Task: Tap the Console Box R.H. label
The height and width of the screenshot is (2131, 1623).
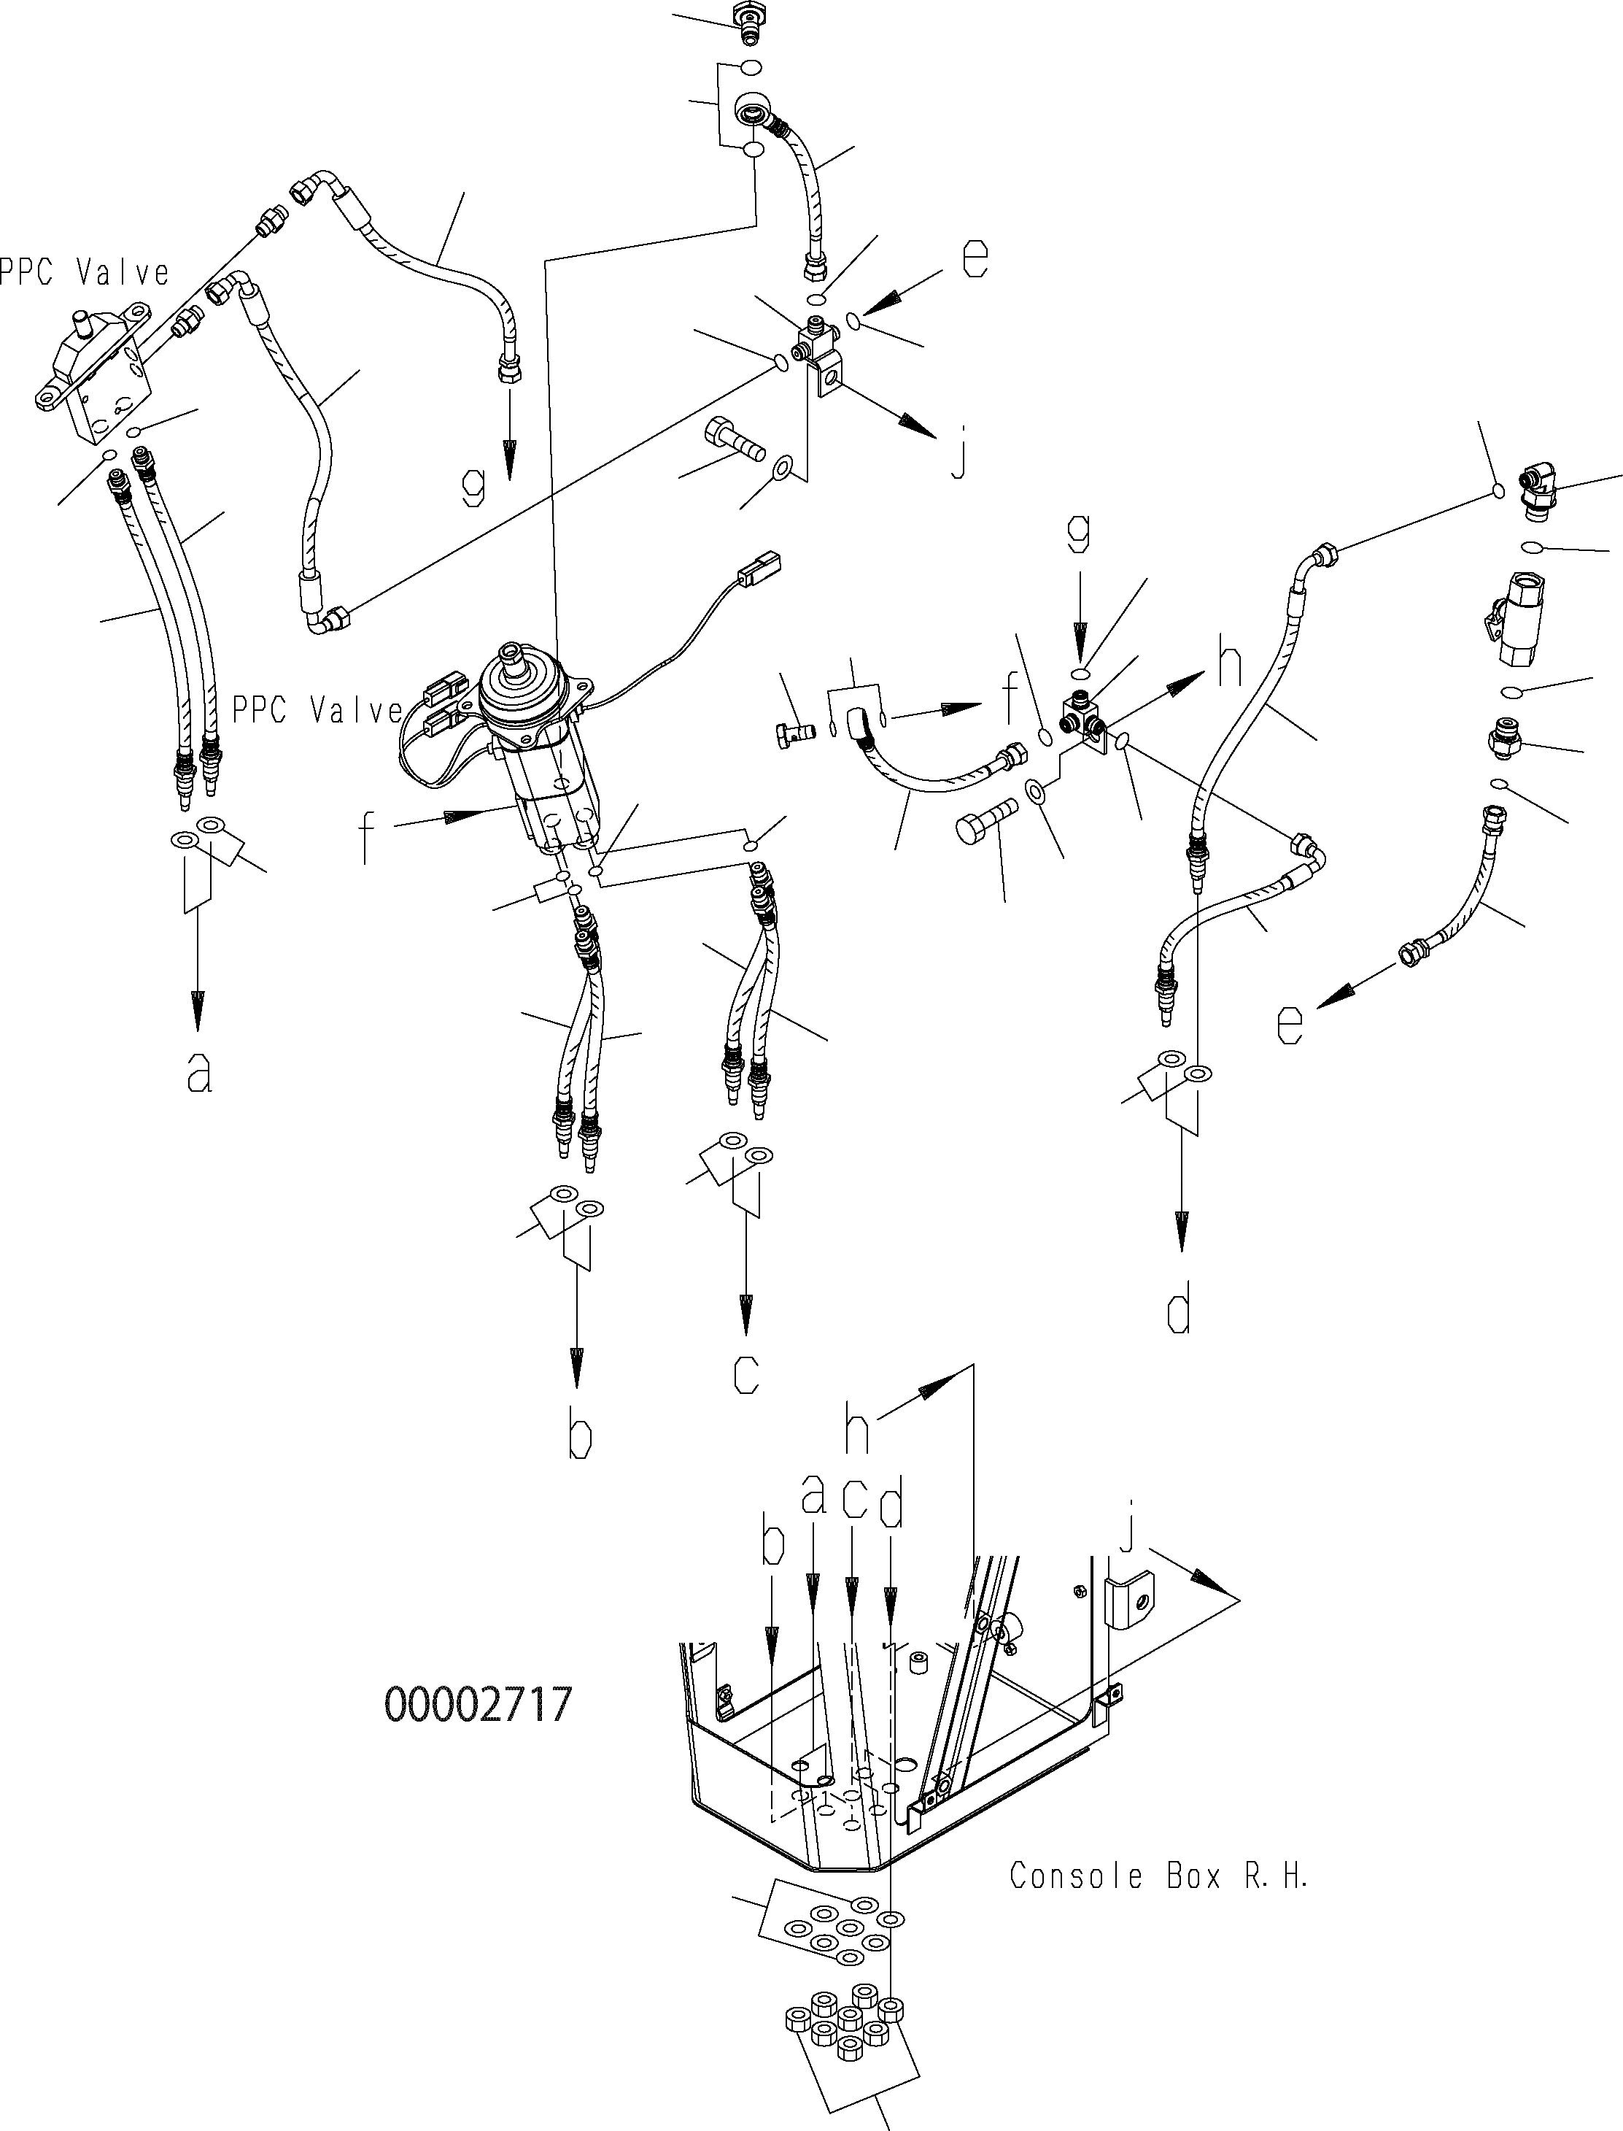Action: (1158, 1876)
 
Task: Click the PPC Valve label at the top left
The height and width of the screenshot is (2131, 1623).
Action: (83, 274)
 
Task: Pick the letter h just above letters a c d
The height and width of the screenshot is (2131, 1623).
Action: (856, 1433)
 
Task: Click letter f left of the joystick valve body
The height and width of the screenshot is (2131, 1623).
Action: (367, 839)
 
